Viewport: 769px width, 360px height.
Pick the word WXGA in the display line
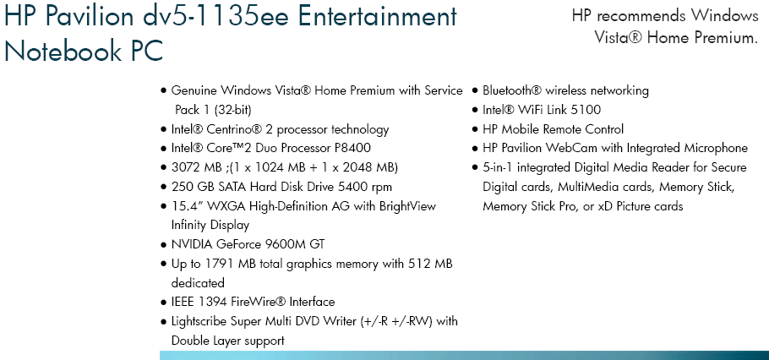point(226,206)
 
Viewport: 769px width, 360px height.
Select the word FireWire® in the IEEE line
point(259,302)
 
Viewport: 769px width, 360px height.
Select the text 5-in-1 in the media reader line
point(499,167)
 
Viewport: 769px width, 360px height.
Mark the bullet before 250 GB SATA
point(163,188)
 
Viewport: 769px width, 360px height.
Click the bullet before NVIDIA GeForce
point(163,245)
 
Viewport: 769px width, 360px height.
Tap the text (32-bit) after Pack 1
point(232,110)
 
